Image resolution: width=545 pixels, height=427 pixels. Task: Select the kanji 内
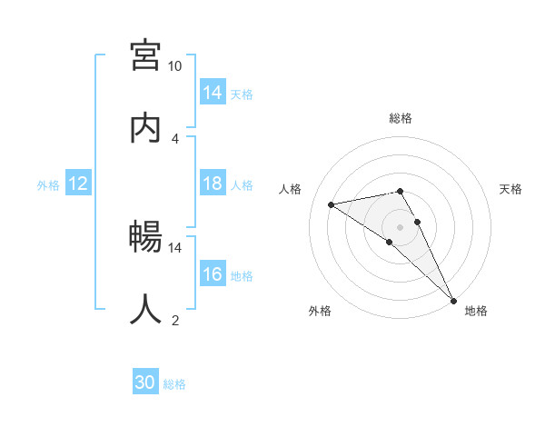pyautogui.click(x=145, y=127)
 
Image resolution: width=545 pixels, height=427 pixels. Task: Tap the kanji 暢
pyautogui.click(x=145, y=237)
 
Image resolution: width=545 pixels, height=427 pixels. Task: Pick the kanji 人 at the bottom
pyautogui.click(x=145, y=309)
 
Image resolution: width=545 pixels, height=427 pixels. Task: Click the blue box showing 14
pyautogui.click(x=213, y=93)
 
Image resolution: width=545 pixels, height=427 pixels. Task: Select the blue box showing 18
pyautogui.click(x=213, y=184)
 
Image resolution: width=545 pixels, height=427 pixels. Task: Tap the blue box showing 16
pyautogui.click(x=213, y=275)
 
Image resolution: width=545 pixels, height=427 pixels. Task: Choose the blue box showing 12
pyautogui.click(x=78, y=184)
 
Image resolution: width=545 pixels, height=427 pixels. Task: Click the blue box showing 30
pyautogui.click(x=145, y=382)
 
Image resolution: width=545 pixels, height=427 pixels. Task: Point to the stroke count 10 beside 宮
pyautogui.click(x=175, y=66)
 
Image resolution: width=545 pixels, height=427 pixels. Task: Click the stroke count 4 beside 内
pyautogui.click(x=175, y=138)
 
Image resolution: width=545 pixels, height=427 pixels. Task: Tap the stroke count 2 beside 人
pyautogui.click(x=175, y=320)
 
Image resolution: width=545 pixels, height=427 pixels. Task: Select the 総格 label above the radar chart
pyautogui.click(x=401, y=118)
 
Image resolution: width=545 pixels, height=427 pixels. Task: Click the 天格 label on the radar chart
pyautogui.click(x=511, y=189)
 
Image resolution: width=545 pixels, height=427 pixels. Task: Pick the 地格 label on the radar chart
pyautogui.click(x=476, y=311)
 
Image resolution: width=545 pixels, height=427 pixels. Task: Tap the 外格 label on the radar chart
pyautogui.click(x=320, y=311)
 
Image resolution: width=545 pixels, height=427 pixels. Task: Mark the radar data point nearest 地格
pyautogui.click(x=453, y=299)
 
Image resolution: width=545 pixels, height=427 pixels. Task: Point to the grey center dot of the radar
pyautogui.click(x=401, y=226)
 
